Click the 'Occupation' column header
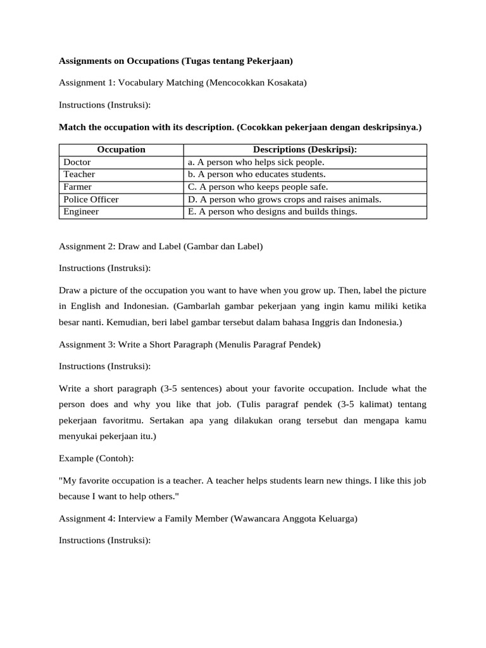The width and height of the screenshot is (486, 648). (x=121, y=149)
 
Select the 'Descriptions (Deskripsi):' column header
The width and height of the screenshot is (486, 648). (x=305, y=149)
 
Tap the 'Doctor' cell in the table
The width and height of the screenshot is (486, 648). (x=77, y=162)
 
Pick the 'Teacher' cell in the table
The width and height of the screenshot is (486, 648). (x=79, y=174)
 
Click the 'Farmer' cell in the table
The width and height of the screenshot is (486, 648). (x=77, y=187)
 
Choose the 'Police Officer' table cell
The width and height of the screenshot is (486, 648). (x=91, y=199)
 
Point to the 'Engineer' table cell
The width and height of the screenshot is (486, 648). (x=81, y=211)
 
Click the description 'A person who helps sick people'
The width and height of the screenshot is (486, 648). (x=256, y=162)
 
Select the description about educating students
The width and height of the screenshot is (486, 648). (x=256, y=174)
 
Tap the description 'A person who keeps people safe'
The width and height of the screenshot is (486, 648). (x=258, y=187)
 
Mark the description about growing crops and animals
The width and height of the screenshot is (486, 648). (x=284, y=199)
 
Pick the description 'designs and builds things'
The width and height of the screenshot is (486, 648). (x=272, y=211)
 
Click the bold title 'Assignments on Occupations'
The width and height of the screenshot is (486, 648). (x=176, y=61)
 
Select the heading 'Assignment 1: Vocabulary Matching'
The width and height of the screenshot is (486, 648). (x=178, y=82)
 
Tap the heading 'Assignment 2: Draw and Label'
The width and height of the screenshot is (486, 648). (x=160, y=247)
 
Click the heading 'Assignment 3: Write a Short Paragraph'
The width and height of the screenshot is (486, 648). (x=190, y=345)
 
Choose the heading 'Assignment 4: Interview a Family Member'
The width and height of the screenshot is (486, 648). (x=208, y=519)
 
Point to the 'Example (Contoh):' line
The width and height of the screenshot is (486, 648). (x=96, y=459)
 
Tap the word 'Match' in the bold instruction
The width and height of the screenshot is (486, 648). (x=72, y=127)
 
